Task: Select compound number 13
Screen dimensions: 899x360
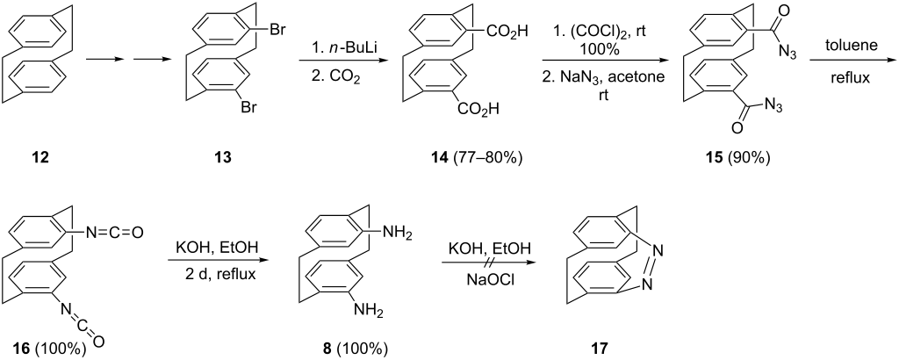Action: pos(222,157)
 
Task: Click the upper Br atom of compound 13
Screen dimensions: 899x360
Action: pos(278,29)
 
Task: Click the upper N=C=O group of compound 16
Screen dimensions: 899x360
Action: pos(111,233)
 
